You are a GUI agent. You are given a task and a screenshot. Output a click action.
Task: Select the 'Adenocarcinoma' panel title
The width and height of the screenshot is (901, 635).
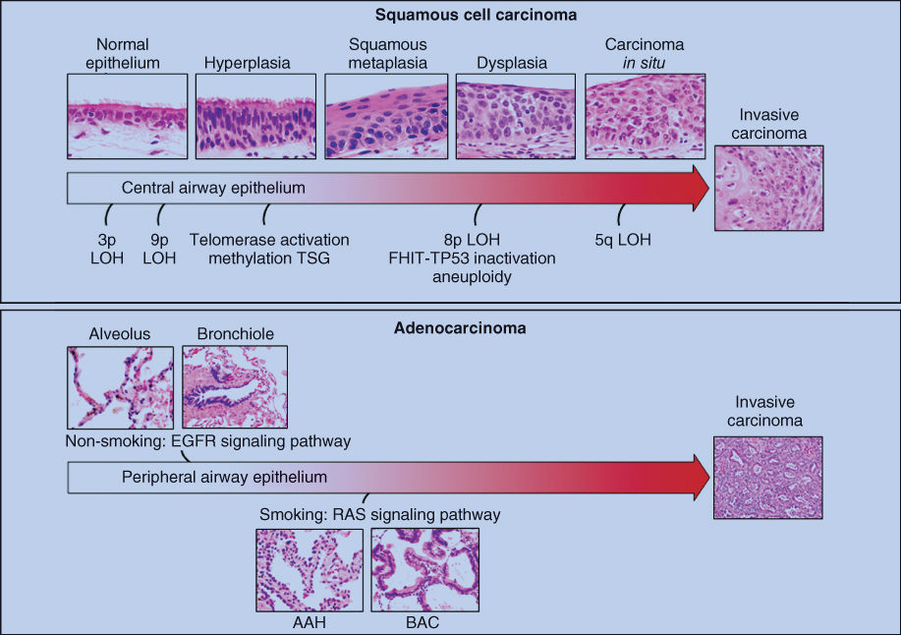(x=450, y=328)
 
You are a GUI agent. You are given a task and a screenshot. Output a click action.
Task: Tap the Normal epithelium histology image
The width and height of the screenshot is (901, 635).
(x=127, y=116)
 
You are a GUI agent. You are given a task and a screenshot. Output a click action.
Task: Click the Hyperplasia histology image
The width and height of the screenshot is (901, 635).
(x=255, y=116)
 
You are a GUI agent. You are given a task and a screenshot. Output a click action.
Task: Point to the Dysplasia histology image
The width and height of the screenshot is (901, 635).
(x=515, y=116)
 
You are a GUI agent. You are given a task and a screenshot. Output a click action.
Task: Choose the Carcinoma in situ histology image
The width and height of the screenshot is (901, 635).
(x=645, y=116)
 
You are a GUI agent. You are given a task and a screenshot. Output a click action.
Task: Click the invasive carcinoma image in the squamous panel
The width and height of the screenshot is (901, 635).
(x=768, y=189)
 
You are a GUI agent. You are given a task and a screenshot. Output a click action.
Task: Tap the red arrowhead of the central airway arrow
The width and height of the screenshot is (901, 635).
(x=692, y=189)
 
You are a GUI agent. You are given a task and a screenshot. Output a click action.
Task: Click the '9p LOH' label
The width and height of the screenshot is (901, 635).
(x=159, y=248)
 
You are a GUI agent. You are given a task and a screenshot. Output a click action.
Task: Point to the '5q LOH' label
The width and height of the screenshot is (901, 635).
(x=623, y=240)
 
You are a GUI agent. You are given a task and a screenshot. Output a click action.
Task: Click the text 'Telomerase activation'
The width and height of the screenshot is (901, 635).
(x=268, y=240)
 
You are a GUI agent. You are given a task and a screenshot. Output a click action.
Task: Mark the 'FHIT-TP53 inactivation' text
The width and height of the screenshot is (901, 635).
(x=472, y=259)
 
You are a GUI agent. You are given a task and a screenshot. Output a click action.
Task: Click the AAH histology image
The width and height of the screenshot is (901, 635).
(x=309, y=569)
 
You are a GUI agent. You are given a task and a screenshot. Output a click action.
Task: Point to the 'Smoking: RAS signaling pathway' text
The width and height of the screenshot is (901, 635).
(x=380, y=514)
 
